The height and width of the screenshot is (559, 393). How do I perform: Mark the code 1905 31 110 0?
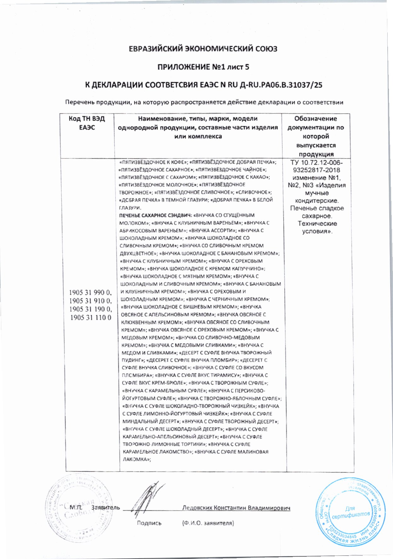pos(91,317)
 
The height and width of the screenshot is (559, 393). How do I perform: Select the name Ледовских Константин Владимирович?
pos(236,508)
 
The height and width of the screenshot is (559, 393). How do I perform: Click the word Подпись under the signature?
pos(149,523)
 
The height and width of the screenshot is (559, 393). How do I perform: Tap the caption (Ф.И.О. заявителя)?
pos(208,523)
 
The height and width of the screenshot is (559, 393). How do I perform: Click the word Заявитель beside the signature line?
pos(106,508)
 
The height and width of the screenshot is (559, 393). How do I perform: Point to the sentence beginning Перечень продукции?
pos(204,102)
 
